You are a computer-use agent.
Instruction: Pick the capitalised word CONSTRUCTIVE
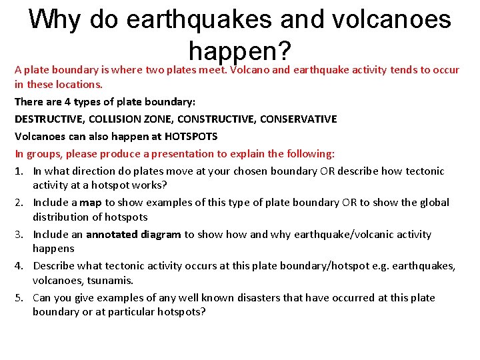point(217,119)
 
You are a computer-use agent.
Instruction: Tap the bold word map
point(91,202)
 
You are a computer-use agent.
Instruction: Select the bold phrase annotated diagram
point(133,234)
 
